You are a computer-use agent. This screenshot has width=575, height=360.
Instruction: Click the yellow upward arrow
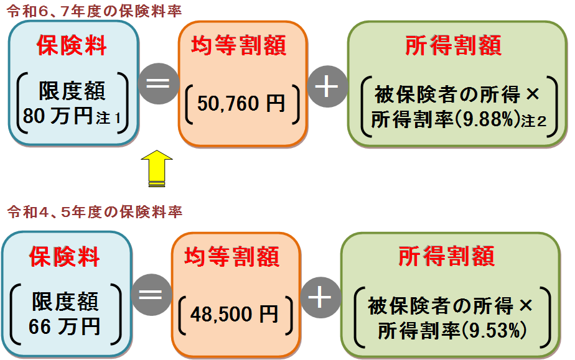[156, 168]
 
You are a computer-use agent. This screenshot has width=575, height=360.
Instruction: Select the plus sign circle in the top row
[327, 87]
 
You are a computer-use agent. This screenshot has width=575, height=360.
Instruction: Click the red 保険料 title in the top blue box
[72, 46]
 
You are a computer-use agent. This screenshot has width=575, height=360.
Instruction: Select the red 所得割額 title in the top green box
[453, 45]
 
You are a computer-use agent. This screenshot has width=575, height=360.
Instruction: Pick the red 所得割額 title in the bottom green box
[446, 256]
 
